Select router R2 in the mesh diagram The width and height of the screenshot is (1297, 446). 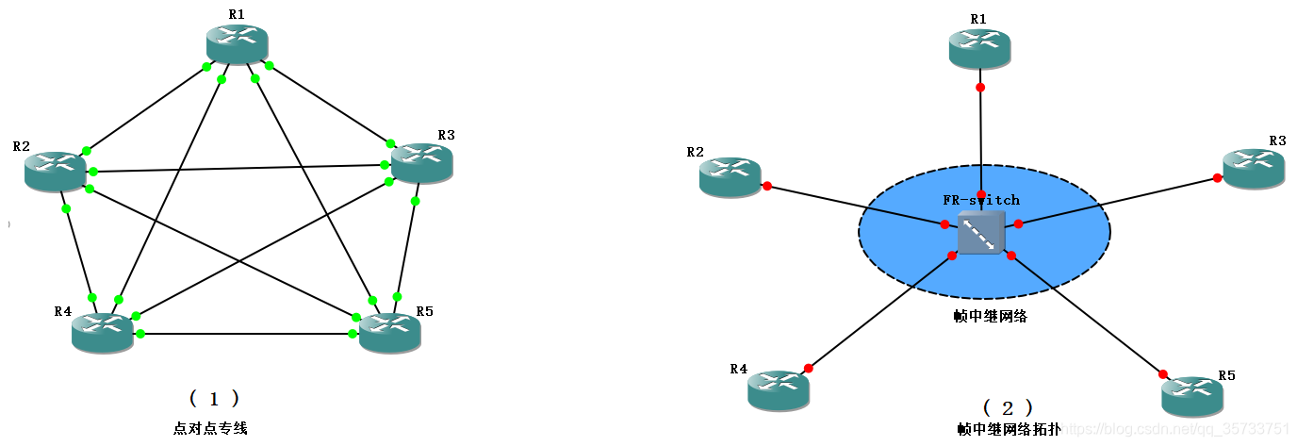click(x=56, y=171)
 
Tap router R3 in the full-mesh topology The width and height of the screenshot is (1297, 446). click(x=421, y=163)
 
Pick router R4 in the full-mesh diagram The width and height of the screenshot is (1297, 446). click(x=103, y=333)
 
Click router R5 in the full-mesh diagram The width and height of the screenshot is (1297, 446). click(x=389, y=333)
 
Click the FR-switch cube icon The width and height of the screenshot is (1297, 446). click(x=981, y=232)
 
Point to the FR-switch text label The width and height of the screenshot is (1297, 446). click(x=981, y=200)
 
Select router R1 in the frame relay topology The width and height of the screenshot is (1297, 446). click(x=980, y=48)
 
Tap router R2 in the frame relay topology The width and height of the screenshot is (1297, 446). click(x=731, y=176)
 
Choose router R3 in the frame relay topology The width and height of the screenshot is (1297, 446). click(x=1254, y=168)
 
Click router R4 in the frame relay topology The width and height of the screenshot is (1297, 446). click(x=779, y=389)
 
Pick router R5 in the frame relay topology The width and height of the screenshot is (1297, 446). click(x=1192, y=396)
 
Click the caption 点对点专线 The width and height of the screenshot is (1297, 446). click(x=210, y=428)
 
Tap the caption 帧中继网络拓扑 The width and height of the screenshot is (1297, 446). click(x=1009, y=429)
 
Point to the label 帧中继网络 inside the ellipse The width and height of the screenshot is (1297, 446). click(x=990, y=317)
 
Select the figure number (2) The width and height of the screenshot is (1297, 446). click(x=1008, y=408)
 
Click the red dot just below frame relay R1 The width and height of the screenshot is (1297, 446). click(x=980, y=88)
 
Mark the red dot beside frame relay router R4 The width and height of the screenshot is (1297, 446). click(x=808, y=368)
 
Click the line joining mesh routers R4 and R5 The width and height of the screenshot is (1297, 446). click(x=245, y=334)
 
